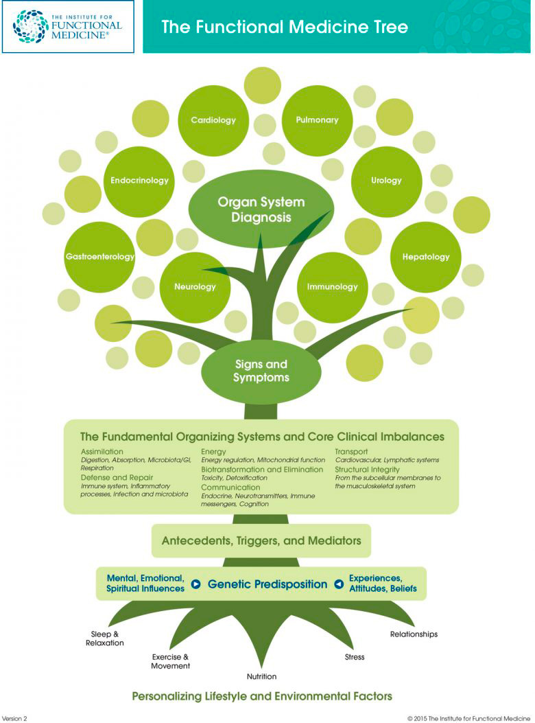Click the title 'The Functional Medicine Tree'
(x=284, y=27)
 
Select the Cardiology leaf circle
(x=213, y=120)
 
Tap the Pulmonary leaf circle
(x=317, y=120)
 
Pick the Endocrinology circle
(x=139, y=181)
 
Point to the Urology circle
(x=386, y=181)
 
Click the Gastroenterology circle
(x=99, y=257)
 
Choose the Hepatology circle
(x=425, y=257)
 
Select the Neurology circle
(x=195, y=286)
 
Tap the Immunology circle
(x=333, y=286)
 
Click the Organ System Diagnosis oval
(x=261, y=209)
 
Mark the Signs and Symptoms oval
(x=261, y=371)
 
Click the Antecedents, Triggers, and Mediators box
(x=261, y=541)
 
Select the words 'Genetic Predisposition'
(x=267, y=584)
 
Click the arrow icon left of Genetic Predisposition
(x=196, y=584)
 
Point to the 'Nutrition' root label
(x=261, y=676)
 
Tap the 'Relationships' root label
(x=414, y=634)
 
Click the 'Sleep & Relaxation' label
(x=105, y=638)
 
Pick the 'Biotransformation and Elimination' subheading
(x=261, y=470)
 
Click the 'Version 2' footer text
(x=15, y=718)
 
